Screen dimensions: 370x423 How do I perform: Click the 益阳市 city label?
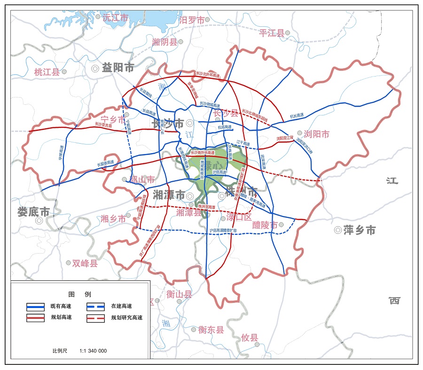point(118,68)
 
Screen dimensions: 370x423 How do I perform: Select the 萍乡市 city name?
point(360,230)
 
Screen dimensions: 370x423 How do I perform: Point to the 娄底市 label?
point(33,212)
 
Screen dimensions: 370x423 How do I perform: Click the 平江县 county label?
point(272,33)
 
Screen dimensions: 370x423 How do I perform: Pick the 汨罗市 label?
point(191,20)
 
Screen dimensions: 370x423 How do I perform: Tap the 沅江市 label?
point(115,18)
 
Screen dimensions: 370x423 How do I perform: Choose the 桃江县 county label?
point(47,72)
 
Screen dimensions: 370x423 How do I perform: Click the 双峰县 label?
point(85,263)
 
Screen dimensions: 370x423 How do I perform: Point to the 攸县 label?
point(250,338)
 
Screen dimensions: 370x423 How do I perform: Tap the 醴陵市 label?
point(265,225)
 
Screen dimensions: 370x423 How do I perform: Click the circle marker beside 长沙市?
point(189,123)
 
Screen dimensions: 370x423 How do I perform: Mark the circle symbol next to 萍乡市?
point(337,230)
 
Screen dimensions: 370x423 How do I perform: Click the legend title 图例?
point(79,294)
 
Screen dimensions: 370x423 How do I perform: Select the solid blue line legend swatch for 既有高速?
point(35,306)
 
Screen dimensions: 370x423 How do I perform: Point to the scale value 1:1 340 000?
point(93,351)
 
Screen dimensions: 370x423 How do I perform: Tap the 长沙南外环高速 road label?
point(203,153)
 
